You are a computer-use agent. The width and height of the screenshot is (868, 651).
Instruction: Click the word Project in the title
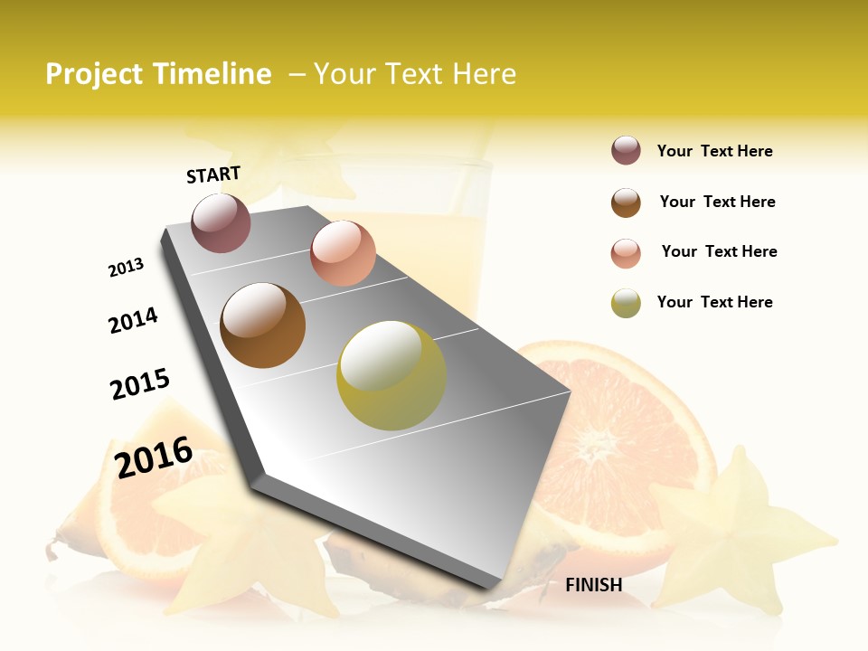click(x=94, y=75)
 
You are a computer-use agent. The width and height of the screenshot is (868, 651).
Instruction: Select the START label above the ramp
click(x=213, y=175)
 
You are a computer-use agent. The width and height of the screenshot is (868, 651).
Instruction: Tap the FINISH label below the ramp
click(x=593, y=585)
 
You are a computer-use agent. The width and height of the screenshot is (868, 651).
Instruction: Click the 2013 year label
click(x=126, y=268)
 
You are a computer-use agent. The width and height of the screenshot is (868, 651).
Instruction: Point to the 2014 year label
click(x=133, y=320)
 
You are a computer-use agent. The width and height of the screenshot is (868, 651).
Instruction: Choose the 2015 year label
click(x=140, y=384)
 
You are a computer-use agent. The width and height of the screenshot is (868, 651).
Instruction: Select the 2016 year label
click(x=154, y=457)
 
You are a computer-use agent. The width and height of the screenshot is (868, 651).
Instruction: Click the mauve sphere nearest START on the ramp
click(x=221, y=222)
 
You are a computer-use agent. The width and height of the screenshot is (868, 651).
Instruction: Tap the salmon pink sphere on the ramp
click(x=343, y=253)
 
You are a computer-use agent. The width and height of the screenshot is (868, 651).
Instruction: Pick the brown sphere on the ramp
click(x=263, y=325)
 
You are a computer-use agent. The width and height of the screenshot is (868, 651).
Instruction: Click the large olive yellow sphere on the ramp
click(x=391, y=375)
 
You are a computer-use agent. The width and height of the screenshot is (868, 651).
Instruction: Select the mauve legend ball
click(x=626, y=151)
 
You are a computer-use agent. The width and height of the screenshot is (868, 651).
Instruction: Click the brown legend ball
click(x=626, y=203)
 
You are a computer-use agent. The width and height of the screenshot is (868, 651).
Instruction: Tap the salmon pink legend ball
click(x=626, y=253)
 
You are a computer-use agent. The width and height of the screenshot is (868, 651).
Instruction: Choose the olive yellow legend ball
click(x=626, y=303)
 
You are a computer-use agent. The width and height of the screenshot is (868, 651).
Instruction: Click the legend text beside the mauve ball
click(x=714, y=152)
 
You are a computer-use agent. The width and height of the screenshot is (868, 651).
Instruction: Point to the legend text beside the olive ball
click(x=714, y=302)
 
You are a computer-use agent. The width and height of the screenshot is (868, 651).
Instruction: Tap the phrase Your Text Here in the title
click(x=414, y=74)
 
